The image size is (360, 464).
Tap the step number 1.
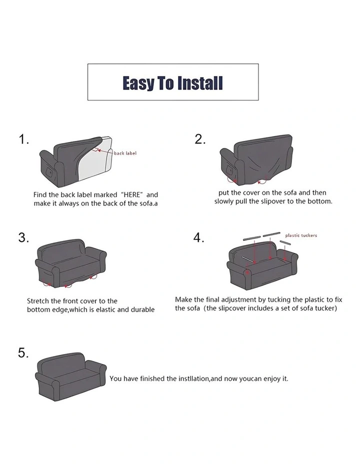pos(23,139)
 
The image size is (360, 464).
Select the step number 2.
pos(200,139)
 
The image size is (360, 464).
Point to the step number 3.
pos(23,237)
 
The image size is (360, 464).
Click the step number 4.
pos(199,237)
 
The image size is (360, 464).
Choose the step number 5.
pos(23,352)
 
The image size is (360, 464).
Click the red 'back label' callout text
pos(125,153)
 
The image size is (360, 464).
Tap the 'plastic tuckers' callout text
pos(301,235)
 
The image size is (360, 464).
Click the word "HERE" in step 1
pos(132,194)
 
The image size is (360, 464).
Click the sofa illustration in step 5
pos(70,376)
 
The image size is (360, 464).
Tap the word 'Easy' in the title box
pos(138,83)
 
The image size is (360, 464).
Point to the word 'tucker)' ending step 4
pos(327,308)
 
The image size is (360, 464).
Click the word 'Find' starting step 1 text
pos(39,194)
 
